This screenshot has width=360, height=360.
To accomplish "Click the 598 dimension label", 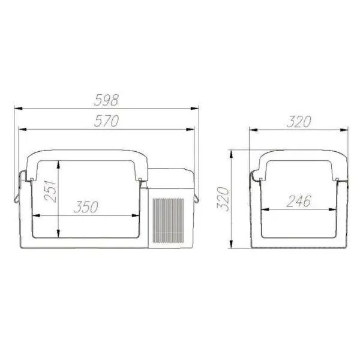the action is [106, 100].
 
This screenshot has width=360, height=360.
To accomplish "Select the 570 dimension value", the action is [106, 121].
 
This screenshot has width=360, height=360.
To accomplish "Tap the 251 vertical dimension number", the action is [50, 191].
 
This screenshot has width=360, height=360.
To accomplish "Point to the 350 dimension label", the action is [86, 207].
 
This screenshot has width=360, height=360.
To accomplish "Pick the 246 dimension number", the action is [299, 201].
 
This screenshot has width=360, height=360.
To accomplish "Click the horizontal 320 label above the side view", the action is [299, 121].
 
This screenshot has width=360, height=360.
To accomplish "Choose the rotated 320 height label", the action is [223, 199].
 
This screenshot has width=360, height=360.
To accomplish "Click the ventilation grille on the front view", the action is [168, 221].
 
